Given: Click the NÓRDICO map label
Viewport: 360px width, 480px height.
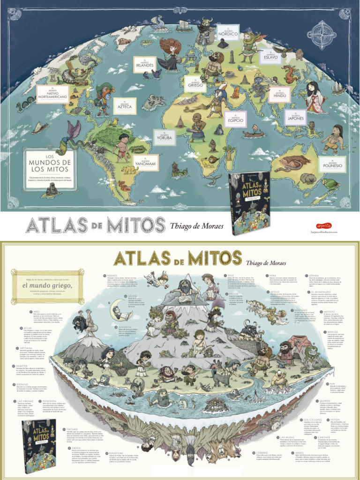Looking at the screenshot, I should point(228,33).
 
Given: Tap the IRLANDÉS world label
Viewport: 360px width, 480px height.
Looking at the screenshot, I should point(145,65).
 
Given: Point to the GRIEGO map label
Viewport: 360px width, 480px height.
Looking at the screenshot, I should point(195,84).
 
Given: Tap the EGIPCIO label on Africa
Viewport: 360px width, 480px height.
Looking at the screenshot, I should point(235,119).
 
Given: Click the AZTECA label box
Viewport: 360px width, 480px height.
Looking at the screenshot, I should point(125,106).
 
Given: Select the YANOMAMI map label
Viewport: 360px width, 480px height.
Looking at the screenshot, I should point(156,163).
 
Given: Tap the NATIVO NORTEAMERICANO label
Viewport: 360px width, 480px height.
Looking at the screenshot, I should point(52,94).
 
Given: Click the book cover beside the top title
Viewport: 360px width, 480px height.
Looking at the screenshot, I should point(251,203).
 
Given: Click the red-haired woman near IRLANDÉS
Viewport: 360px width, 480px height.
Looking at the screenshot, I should point(170,53).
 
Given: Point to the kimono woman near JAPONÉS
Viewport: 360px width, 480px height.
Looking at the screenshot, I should point(313,97).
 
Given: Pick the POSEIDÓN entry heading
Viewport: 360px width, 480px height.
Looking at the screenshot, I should point(50,401).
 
